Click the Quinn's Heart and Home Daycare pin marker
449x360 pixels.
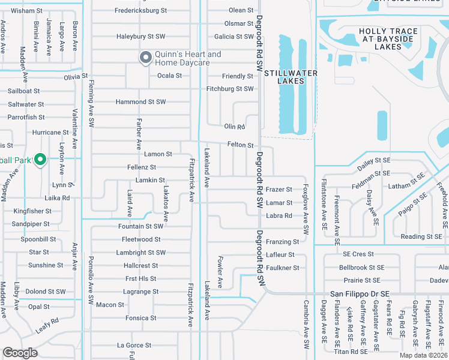pos(145,58)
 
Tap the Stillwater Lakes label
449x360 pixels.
pos(290,73)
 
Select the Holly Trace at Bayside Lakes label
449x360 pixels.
pos(380,38)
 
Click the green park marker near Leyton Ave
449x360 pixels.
pos(40,160)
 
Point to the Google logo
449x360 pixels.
pos(20,353)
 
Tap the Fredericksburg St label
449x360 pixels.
pos(140,11)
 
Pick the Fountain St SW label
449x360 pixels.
pos(140,226)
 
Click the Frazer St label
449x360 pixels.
pos(279,190)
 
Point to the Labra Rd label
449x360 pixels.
pos(279,216)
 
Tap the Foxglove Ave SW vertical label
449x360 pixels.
pos(306,209)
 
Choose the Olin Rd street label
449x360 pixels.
pos(235,127)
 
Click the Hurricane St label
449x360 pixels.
pos(51,133)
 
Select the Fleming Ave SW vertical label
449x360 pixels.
pos(92,103)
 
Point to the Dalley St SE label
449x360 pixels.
pos(374,161)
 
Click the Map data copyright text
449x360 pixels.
pos(424,355)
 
